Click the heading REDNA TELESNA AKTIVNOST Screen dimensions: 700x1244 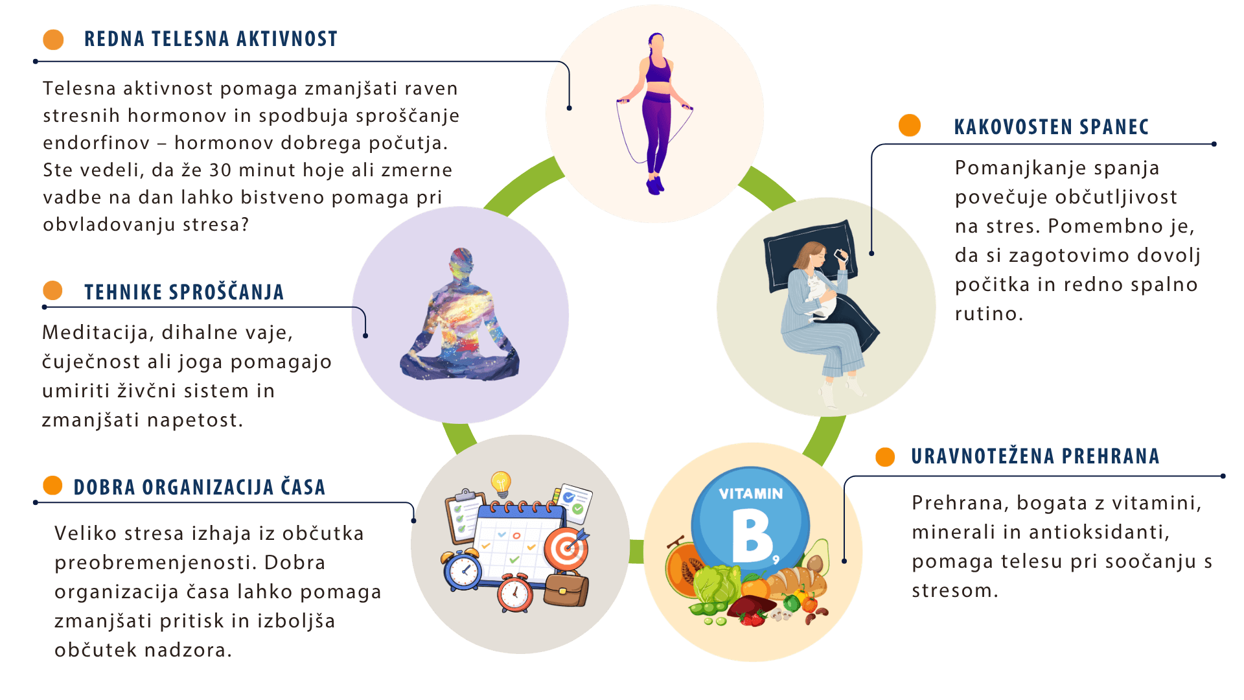tap(211, 39)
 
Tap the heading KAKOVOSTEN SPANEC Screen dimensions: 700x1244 tap(1051, 127)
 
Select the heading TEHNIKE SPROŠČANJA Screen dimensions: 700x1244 tap(184, 292)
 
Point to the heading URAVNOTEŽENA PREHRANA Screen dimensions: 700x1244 tap(1035, 456)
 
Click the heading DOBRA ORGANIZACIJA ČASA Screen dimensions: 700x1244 tap(199, 487)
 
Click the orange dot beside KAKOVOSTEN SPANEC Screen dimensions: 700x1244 tap(910, 126)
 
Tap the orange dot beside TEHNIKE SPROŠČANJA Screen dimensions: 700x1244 tap(52, 290)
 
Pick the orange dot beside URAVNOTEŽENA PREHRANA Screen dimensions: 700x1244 tap(885, 457)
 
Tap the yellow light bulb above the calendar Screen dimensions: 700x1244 tap(501, 483)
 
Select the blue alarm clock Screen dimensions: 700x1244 tap(463, 570)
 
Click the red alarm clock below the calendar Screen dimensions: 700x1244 tap(515, 593)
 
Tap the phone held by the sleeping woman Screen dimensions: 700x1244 tap(841, 255)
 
